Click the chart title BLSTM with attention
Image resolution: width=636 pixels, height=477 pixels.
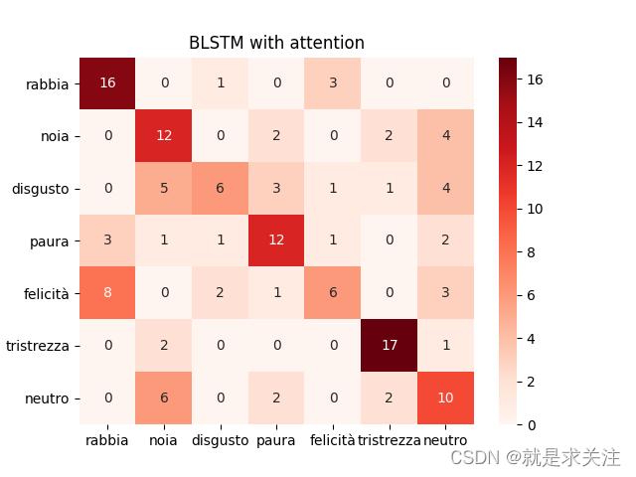pyautogui.click(x=276, y=43)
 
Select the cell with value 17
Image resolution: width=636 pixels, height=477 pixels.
pyautogui.click(x=390, y=346)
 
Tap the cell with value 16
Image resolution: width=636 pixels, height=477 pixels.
pyautogui.click(x=107, y=82)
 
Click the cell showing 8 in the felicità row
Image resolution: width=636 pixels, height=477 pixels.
pyautogui.click(x=107, y=293)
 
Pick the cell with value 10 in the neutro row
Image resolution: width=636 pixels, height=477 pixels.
pyautogui.click(x=446, y=398)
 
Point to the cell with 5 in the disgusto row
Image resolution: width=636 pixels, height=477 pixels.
pyautogui.click(x=164, y=188)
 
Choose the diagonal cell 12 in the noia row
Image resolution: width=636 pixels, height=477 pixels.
pyautogui.click(x=164, y=135)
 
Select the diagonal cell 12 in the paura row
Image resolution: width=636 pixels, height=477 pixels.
pyautogui.click(x=277, y=240)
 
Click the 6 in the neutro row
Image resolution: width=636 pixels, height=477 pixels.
pyautogui.click(x=164, y=398)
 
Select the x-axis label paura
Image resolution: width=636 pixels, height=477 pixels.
pyautogui.click(x=277, y=440)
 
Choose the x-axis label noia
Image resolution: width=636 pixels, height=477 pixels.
pyautogui.click(x=164, y=440)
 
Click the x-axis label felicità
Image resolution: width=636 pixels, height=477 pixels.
pyautogui.click(x=333, y=440)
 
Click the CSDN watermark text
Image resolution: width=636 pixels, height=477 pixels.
pyautogui.click(x=535, y=457)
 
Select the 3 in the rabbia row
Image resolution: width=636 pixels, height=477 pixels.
pyautogui.click(x=333, y=82)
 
